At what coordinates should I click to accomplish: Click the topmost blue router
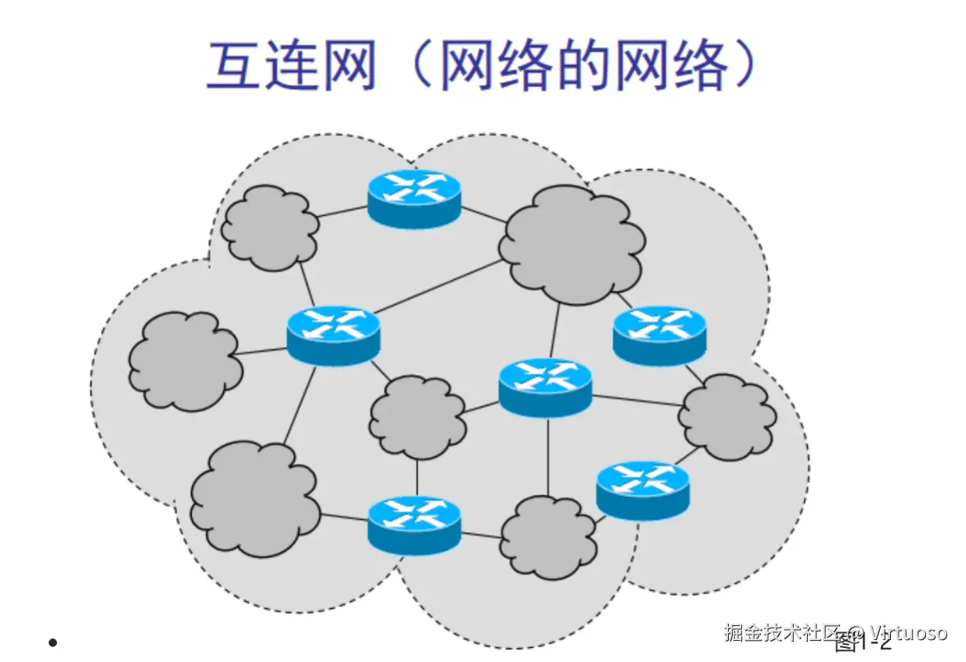point(414,198)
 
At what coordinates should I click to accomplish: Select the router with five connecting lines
point(333,334)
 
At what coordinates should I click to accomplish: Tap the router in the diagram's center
point(546,387)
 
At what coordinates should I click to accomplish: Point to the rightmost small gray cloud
point(727,416)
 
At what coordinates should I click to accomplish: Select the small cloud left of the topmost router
point(270,228)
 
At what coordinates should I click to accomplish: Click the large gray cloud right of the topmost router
point(572,243)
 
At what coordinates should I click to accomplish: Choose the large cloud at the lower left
point(255,499)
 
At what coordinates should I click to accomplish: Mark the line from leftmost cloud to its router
point(263,351)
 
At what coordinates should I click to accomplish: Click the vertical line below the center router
point(547,456)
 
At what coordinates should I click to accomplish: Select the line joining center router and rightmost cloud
point(636,400)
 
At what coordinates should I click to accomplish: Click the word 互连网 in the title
point(292,66)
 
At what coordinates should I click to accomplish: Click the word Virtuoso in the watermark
point(909,632)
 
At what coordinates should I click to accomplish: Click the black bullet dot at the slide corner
point(52,642)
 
